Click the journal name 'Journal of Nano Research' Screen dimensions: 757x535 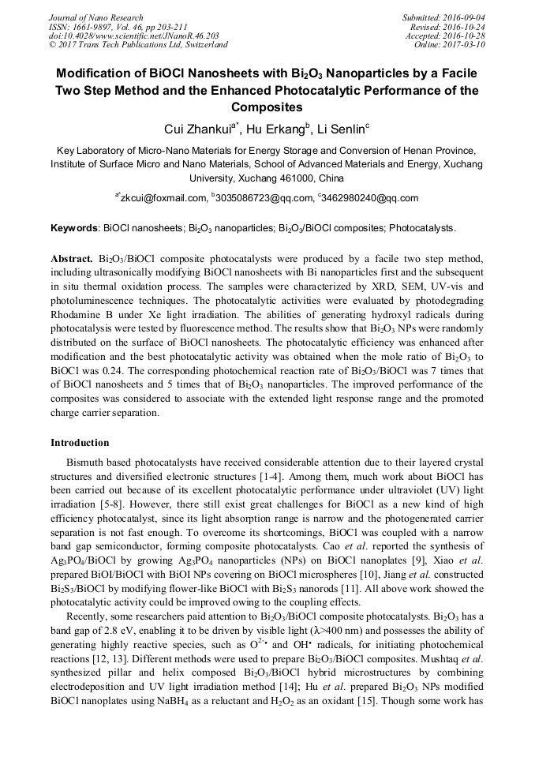pos(96,17)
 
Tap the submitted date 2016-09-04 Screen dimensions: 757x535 pos(462,17)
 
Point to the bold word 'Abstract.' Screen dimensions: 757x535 pos(73,259)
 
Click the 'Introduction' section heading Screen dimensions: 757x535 pos(80,443)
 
